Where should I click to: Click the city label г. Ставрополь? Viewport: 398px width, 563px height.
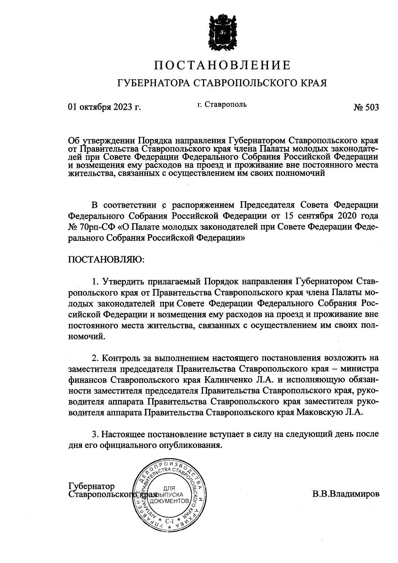222,105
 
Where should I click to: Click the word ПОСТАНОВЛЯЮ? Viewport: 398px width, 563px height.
106,260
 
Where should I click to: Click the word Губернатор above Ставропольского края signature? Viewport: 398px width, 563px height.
91,486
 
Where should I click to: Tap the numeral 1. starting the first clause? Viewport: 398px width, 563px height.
96,282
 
